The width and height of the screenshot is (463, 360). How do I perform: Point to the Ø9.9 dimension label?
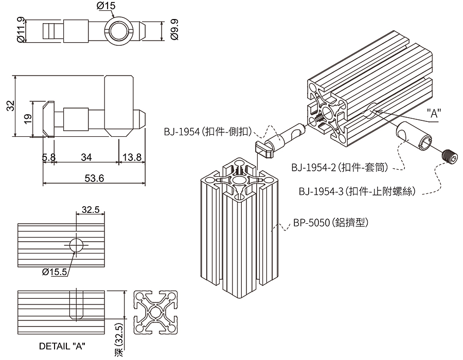point(174,31)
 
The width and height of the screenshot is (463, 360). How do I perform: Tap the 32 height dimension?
point(9,106)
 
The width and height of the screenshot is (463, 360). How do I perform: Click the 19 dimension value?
point(28,118)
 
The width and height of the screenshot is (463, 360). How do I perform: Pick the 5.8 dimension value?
point(49,157)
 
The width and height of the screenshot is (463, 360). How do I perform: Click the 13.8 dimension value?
point(131,157)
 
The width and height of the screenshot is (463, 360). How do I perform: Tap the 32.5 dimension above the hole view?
point(91,209)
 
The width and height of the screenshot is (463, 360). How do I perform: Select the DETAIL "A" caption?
point(62,346)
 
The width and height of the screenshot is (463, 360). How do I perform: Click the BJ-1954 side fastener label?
point(208,132)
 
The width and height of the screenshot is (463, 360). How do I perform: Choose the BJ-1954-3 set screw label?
point(360,192)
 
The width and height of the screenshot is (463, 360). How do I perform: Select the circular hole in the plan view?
point(76,245)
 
